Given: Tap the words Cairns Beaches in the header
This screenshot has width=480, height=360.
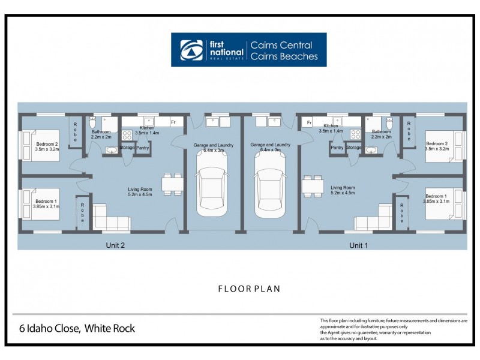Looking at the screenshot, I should click(284, 57).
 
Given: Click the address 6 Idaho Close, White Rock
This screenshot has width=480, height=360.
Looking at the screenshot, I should click(76, 329).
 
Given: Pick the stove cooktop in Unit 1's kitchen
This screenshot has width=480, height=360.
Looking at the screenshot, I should click(355, 134).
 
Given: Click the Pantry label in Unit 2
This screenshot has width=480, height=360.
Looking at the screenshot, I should click(143, 147).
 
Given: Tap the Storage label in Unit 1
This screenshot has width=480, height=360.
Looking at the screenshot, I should click(354, 147).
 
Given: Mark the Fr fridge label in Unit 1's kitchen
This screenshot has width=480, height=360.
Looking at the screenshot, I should click(309, 122).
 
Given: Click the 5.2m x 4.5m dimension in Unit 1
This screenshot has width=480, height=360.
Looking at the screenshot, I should click(343, 193).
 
